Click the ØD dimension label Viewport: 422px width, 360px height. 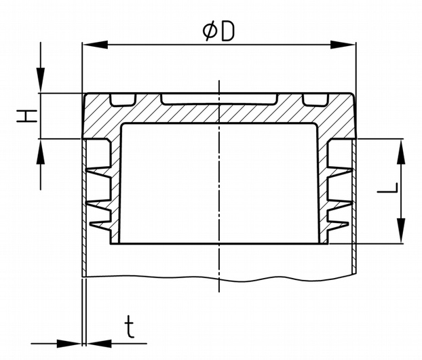pyautogui.click(x=218, y=31)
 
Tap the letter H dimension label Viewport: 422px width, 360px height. pyautogui.click(x=26, y=116)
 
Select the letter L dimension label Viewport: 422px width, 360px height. pyautogui.click(x=387, y=188)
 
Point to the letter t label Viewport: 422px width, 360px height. pyautogui.click(x=130, y=327)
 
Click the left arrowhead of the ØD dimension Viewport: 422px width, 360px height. pyautogui.click(x=95, y=45)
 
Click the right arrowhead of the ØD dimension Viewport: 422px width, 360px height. pyautogui.click(x=343, y=45)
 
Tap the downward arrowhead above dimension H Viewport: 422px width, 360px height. pyautogui.click(x=41, y=80)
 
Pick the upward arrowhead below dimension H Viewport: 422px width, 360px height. pyautogui.click(x=41, y=151)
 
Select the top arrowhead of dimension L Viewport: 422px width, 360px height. pyautogui.click(x=401, y=151)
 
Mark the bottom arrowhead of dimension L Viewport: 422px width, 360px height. pyautogui.click(x=401, y=231)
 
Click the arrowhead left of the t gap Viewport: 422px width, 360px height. pyautogui.click(x=69, y=343)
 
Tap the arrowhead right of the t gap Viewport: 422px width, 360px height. pyautogui.click(x=99, y=343)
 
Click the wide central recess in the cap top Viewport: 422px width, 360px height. pyautogui.click(x=219, y=99)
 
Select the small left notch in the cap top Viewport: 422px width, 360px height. pyautogui.click(x=122, y=100)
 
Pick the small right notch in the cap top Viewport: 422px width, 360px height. pyautogui.click(x=315, y=100)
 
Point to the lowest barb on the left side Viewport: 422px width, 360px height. pyautogui.click(x=100, y=226)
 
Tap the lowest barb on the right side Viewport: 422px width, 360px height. pyautogui.click(x=338, y=226)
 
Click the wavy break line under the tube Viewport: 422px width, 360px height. pyautogui.click(x=219, y=278)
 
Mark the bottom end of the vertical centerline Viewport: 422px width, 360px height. pyautogui.click(x=219, y=292)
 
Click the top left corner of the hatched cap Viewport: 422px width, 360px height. pyautogui.click(x=85, y=94)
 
